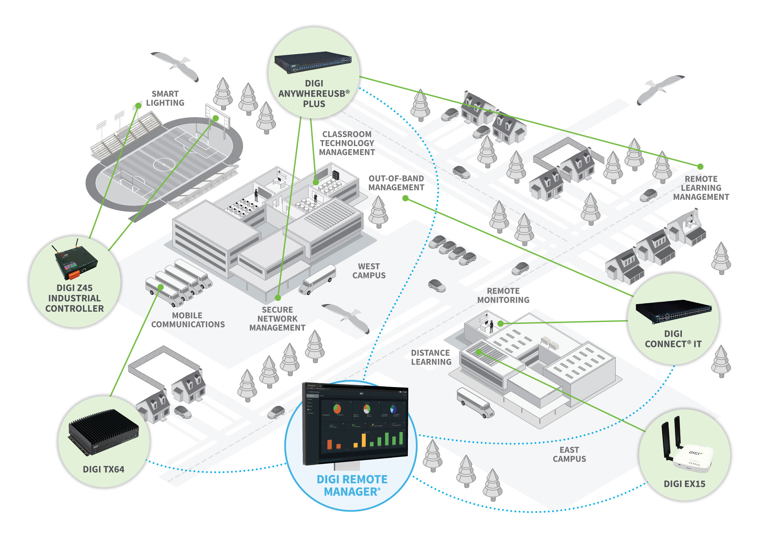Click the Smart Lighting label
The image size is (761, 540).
click(165, 98)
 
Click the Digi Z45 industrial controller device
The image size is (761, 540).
click(75, 261)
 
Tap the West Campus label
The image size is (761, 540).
click(369, 271)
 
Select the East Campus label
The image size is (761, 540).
click(569, 454)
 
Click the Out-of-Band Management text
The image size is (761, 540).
click(396, 183)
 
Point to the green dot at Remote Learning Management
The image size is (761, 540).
click(700, 166)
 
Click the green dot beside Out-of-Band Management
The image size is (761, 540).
click(406, 198)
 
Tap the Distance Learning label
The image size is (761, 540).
click(431, 357)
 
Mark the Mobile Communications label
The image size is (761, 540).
click(188, 320)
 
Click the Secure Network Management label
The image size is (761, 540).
click(277, 319)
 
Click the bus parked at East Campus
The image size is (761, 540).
click(475, 402)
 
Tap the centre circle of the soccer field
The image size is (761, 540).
click(164, 164)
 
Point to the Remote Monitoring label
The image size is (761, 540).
click(503, 295)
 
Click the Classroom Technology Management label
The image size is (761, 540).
click(347, 143)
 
